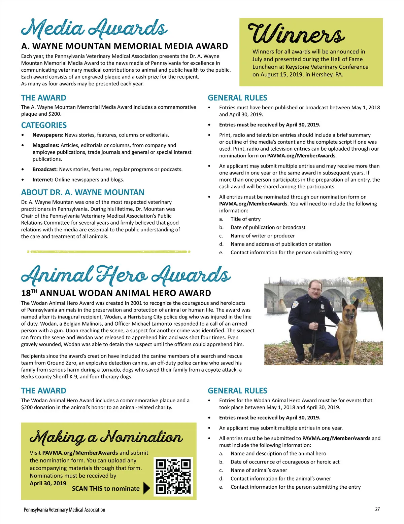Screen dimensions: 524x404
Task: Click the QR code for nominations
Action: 173,476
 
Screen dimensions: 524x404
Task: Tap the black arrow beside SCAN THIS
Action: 146,488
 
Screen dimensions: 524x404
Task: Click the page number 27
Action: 377,509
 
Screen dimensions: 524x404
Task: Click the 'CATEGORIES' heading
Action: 44,125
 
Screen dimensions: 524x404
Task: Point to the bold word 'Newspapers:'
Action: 48,135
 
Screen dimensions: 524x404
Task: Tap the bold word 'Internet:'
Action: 43,180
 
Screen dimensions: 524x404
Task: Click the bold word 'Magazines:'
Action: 46,145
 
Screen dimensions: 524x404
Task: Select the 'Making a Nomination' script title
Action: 106,438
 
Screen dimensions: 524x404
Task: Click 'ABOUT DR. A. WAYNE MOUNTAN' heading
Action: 82,192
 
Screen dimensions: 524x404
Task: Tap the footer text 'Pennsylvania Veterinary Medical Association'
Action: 64,510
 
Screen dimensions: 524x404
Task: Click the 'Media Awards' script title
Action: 94,29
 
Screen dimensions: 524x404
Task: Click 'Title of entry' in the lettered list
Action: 245,219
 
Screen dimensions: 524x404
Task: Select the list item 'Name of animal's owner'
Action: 259,470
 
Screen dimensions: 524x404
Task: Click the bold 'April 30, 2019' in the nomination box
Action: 48,483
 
